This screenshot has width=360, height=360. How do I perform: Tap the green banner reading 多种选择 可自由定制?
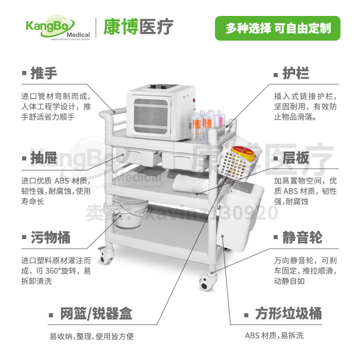(x=278, y=28)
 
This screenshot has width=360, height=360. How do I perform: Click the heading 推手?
(x=44, y=73)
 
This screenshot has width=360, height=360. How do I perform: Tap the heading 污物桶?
(x=50, y=238)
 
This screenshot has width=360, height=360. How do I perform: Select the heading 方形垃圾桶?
(x=289, y=313)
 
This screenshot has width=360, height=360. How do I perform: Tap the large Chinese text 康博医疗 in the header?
(x=139, y=27)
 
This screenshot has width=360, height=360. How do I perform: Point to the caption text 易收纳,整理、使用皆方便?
(x=92, y=337)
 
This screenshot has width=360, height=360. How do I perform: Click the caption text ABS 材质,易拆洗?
(x=274, y=336)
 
